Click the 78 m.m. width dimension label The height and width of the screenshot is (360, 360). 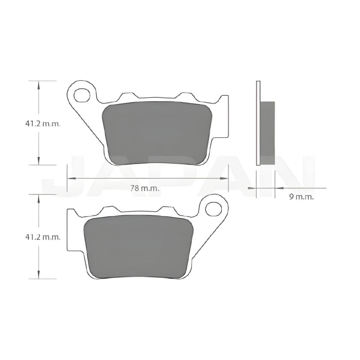pos(145,189)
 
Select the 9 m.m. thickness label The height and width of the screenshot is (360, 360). pos(301,197)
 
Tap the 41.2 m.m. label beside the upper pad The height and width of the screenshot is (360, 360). pos(43,124)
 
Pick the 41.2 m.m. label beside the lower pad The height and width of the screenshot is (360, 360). pos(43,237)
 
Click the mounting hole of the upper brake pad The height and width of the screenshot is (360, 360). pos(82,95)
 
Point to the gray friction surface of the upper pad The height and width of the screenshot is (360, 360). pos(157,133)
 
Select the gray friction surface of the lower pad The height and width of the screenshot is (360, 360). pos(138,247)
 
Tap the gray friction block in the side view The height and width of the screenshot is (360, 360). pos(267,133)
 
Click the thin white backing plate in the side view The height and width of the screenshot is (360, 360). pos(258,123)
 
